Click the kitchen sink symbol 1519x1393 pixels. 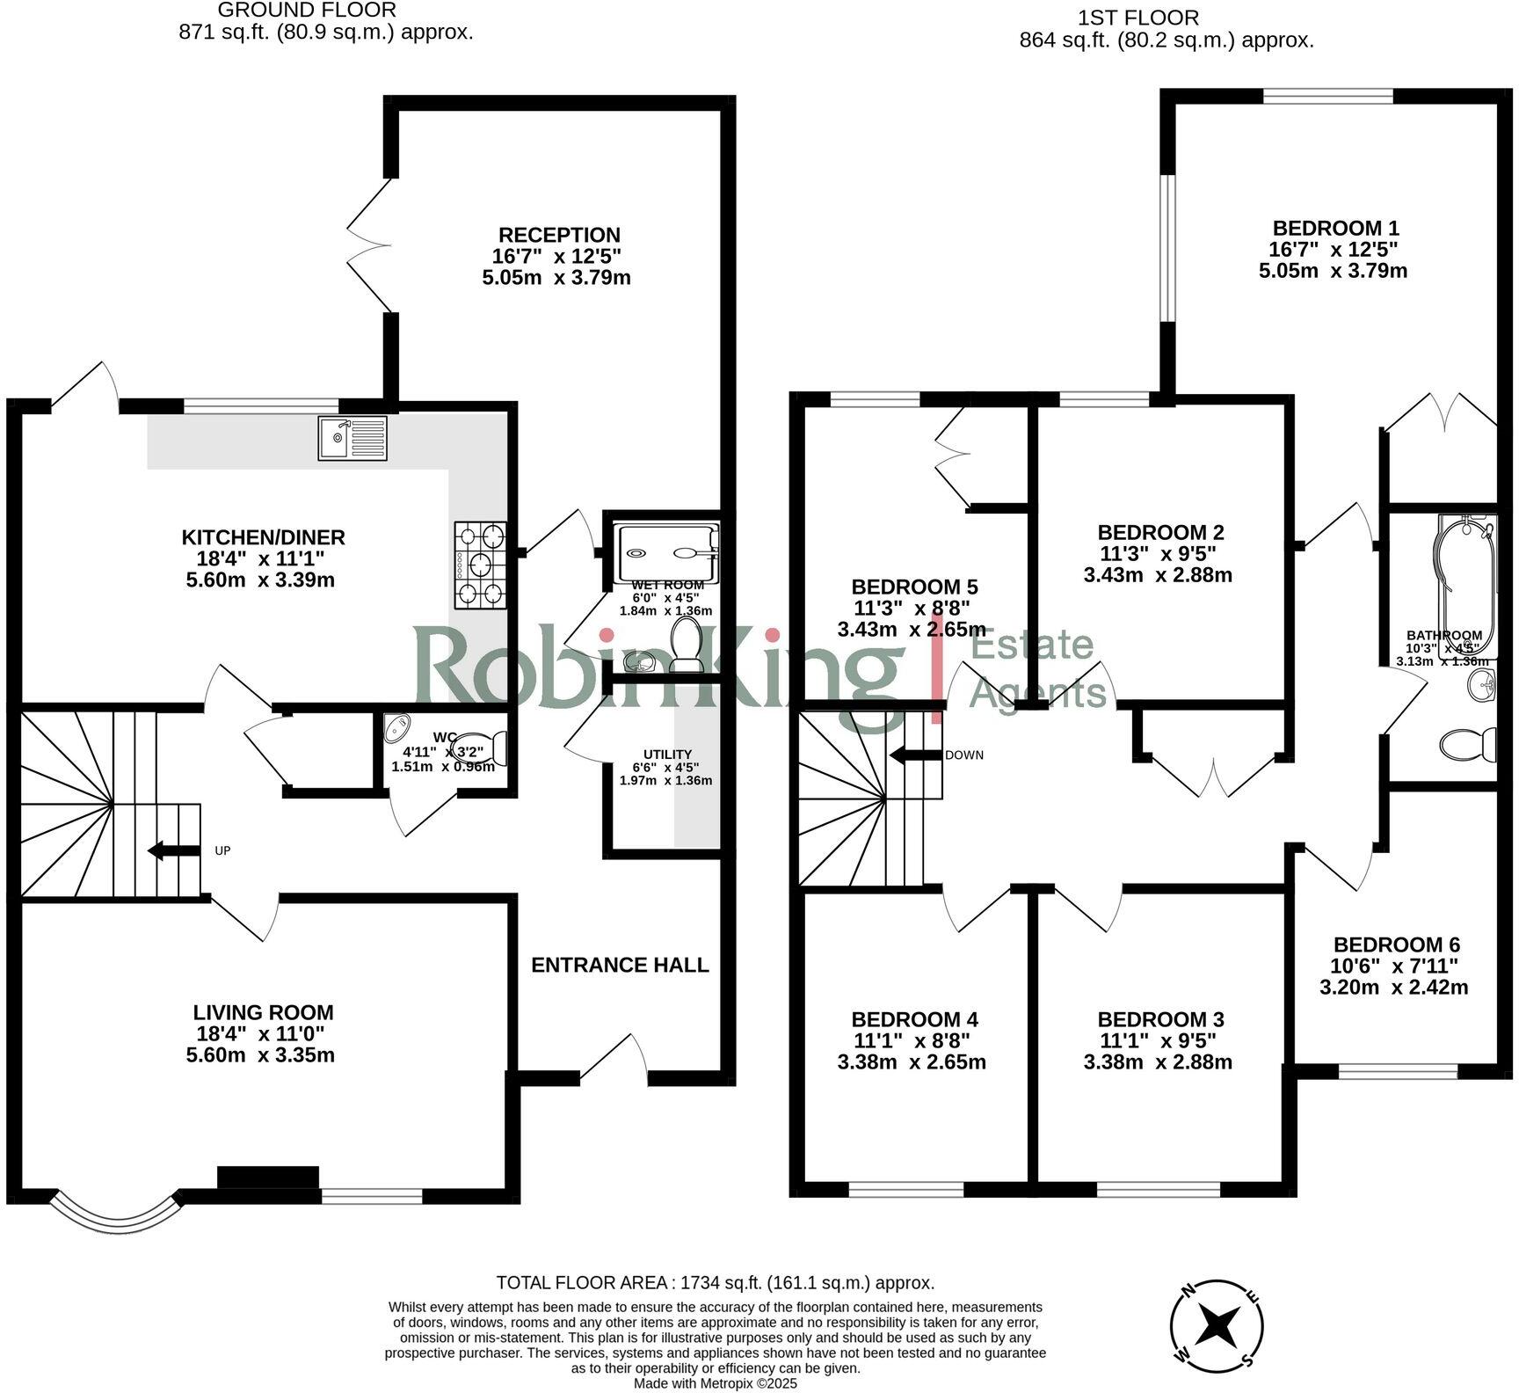(x=352, y=438)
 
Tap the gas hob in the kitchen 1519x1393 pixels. (x=481, y=565)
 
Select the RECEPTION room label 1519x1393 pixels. (x=559, y=235)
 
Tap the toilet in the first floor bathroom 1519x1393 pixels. (x=1467, y=744)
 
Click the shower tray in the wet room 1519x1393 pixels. (x=667, y=552)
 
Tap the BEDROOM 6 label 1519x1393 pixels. (x=1396, y=944)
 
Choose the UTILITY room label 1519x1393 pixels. (x=667, y=755)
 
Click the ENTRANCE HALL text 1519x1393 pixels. (x=620, y=965)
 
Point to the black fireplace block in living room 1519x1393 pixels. (x=268, y=1177)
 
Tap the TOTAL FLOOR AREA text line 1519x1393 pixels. (x=715, y=1283)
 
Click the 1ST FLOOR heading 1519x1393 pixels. (x=1137, y=18)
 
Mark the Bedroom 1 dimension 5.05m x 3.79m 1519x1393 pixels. (x=1333, y=271)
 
